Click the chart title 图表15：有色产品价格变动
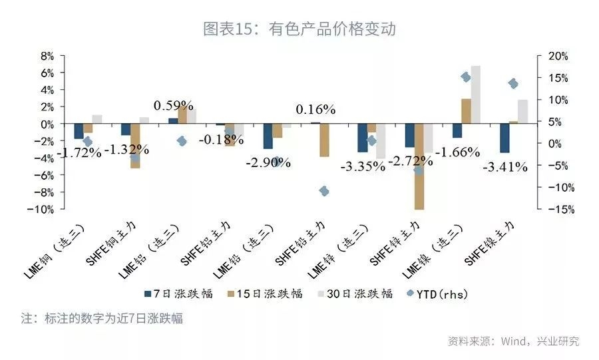pyautogui.click(x=299, y=29)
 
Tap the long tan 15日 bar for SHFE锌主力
pyautogui.click(x=419, y=166)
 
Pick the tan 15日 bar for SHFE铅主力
pyautogui.click(x=324, y=140)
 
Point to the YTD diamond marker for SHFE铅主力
pyautogui.click(x=324, y=191)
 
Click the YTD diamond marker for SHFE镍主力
pyautogui.click(x=513, y=84)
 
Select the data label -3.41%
pyautogui.click(x=504, y=167)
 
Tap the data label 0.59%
pyautogui.click(x=173, y=106)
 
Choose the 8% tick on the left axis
pyautogui.click(x=46, y=56)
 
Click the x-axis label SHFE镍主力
pyautogui.click(x=491, y=245)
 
